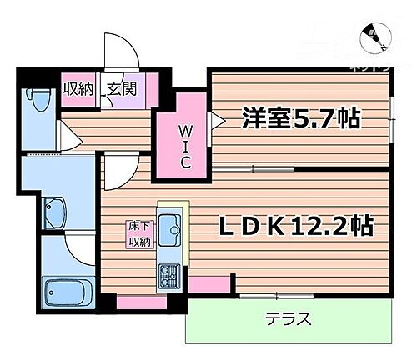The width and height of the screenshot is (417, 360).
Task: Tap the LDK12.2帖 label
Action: pyautogui.click(x=295, y=226)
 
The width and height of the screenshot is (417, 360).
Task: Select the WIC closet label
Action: pyautogui.click(x=185, y=145)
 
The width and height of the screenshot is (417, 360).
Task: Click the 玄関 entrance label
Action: pyautogui.click(x=118, y=87)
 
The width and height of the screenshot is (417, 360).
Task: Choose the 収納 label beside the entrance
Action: pyautogui.click(x=80, y=87)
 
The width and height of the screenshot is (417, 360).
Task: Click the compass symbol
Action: pyautogui.click(x=374, y=35)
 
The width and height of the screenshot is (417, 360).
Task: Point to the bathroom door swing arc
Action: pyautogui.click(x=81, y=246)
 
